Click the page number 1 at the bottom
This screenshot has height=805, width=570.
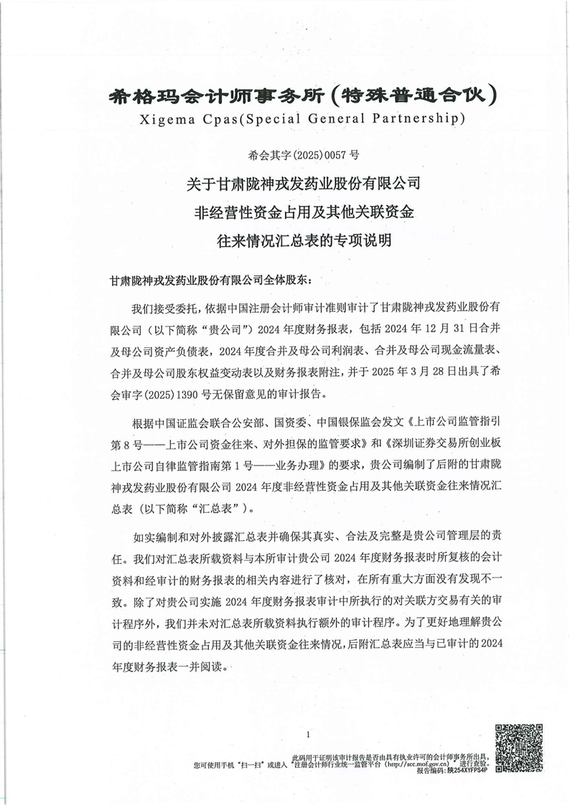click(307, 735)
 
